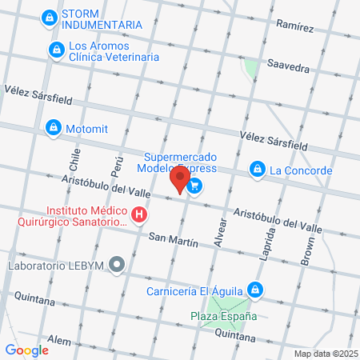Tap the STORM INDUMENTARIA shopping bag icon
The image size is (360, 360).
tap(50, 17)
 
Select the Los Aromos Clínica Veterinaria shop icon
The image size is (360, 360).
tap(55, 51)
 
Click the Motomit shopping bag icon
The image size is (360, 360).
tap(54, 128)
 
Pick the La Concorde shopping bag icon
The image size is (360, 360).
tap(258, 170)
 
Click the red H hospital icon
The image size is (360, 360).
tap(140, 214)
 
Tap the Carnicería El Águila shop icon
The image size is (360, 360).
tap(254, 290)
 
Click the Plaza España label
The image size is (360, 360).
tap(223, 316)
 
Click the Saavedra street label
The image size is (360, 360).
tap(288, 68)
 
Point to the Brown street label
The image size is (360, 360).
tap(309, 250)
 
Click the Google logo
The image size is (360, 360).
tap(26, 350)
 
